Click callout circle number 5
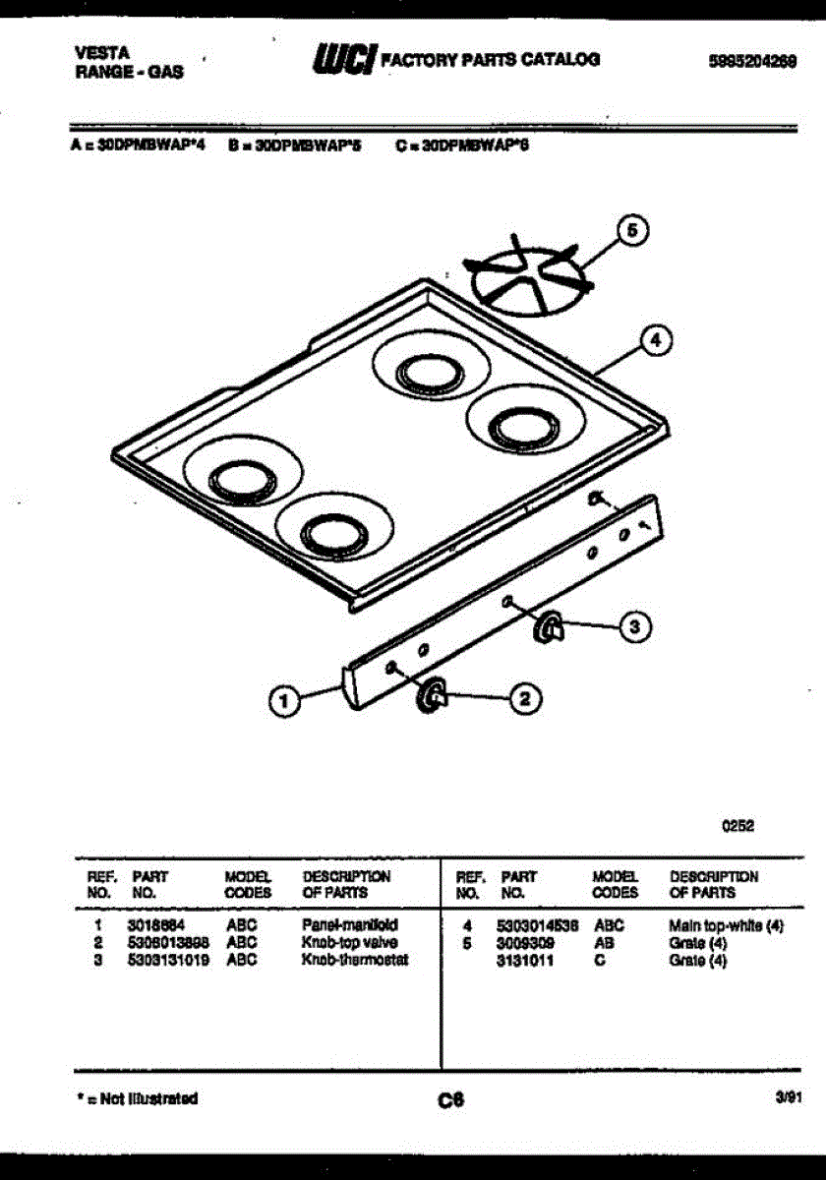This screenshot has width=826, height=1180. click(x=632, y=230)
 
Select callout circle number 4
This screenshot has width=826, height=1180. click(x=656, y=341)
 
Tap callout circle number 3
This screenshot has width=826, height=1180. click(x=635, y=625)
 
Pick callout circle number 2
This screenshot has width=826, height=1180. click(x=524, y=699)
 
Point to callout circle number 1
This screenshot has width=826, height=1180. click(x=285, y=701)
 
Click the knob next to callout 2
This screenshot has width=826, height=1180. click(x=432, y=695)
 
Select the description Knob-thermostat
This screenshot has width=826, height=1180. click(x=354, y=960)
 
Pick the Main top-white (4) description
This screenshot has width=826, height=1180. click(x=726, y=925)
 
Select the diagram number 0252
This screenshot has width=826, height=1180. click(x=738, y=827)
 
